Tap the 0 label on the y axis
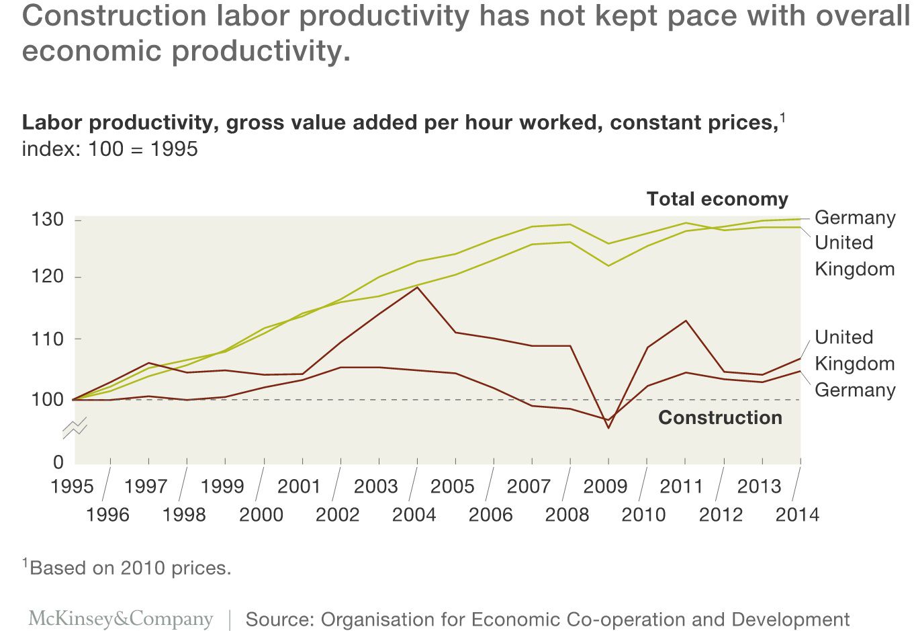click(x=58, y=462)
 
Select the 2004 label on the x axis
click(x=414, y=515)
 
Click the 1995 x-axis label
click(x=72, y=486)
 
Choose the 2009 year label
click(x=605, y=486)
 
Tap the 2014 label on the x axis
click(x=797, y=515)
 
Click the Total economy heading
click(x=717, y=199)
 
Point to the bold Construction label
click(x=720, y=417)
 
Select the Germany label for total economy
click(x=855, y=218)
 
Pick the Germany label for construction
click(x=855, y=390)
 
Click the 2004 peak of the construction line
click(x=417, y=287)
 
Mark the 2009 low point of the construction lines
click(x=608, y=427)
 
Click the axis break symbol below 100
click(x=75, y=427)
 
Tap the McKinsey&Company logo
click(x=121, y=619)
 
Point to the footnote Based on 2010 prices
click(x=127, y=568)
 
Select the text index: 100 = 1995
click(x=109, y=149)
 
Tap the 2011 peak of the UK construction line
click(x=686, y=321)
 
